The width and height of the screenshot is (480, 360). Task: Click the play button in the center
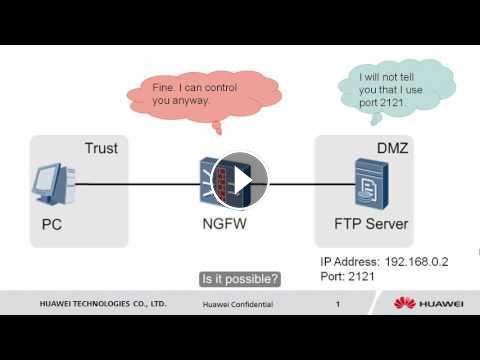(240, 181)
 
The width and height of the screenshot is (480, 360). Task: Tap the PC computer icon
(53, 184)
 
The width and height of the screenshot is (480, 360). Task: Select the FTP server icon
(371, 183)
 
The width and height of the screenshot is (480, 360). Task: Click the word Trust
(101, 148)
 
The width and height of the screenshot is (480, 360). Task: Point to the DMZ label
(392, 148)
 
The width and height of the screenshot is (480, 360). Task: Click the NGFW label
(225, 224)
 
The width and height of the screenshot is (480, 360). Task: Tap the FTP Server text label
(371, 224)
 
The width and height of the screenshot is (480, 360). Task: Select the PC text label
(52, 224)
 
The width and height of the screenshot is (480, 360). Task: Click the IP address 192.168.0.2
(416, 262)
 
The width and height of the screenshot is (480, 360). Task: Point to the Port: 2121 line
(347, 276)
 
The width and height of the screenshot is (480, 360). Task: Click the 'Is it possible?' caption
(240, 279)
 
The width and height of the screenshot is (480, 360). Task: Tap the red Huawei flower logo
(404, 303)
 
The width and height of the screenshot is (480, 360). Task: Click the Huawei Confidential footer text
(238, 304)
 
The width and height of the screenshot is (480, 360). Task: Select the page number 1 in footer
(338, 304)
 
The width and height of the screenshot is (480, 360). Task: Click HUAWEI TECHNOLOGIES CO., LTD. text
(103, 304)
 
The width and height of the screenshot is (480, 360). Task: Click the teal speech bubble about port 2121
(397, 90)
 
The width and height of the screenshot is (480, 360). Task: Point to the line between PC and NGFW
(137, 184)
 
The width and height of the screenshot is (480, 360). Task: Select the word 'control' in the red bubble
(220, 88)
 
